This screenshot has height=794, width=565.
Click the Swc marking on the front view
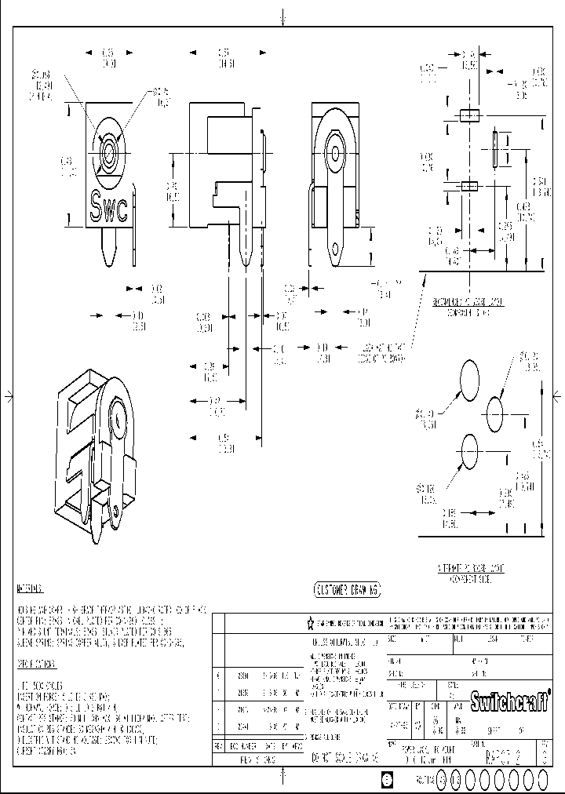point(110,208)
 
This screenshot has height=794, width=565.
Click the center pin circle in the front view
point(107,148)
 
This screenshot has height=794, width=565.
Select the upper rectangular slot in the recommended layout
point(468,115)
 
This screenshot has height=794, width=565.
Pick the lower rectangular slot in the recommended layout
point(468,186)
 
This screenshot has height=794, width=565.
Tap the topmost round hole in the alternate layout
point(469,377)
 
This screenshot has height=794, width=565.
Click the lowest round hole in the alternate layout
point(469,452)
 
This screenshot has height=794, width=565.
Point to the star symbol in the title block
point(311,624)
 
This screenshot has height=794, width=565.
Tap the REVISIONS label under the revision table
point(257,759)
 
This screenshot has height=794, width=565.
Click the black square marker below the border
point(385,778)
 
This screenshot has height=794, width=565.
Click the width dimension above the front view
point(109,57)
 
